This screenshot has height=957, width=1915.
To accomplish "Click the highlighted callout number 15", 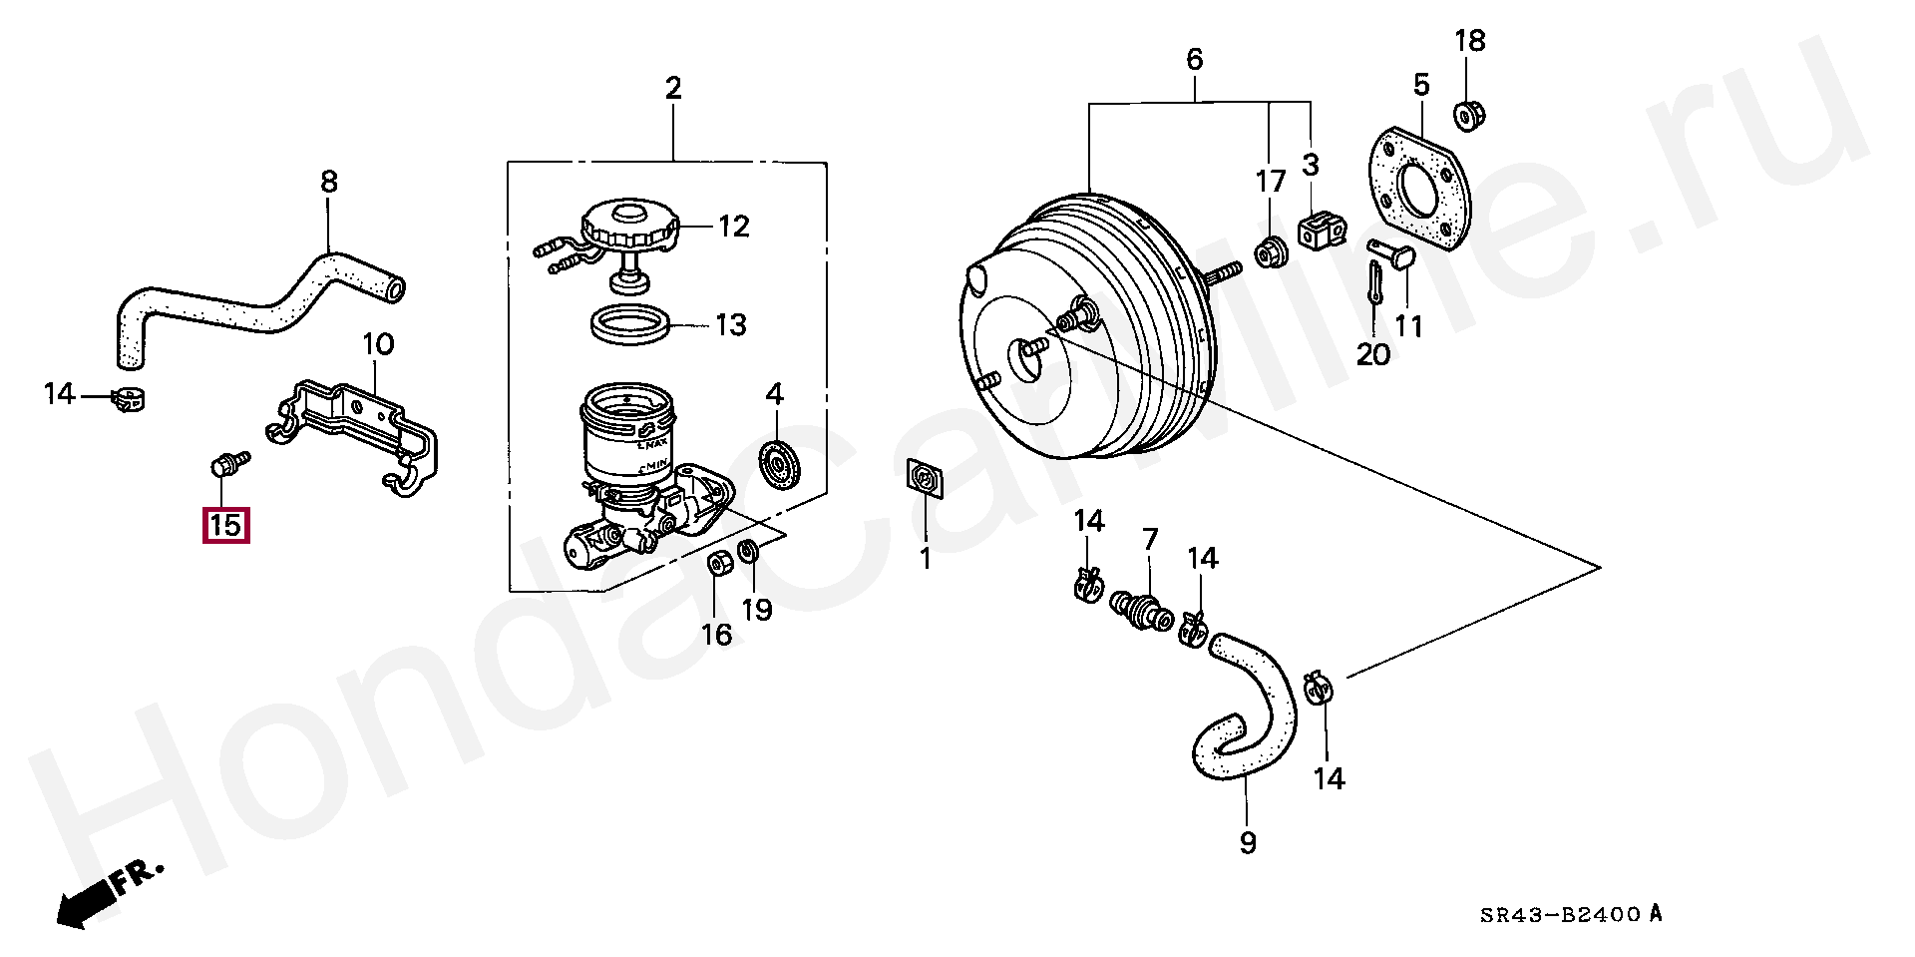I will (x=225, y=525).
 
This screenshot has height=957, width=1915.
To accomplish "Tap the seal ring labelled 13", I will (x=630, y=323).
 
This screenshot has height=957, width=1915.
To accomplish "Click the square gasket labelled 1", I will (x=925, y=478).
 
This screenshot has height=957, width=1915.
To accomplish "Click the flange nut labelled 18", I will (x=1465, y=116).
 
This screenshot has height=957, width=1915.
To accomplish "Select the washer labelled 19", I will (x=749, y=551).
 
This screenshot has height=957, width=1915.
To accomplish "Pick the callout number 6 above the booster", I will (x=1195, y=60).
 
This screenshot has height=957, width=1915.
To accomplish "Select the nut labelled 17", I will (x=1270, y=253).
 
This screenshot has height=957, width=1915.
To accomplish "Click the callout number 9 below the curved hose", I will (x=1248, y=843).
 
